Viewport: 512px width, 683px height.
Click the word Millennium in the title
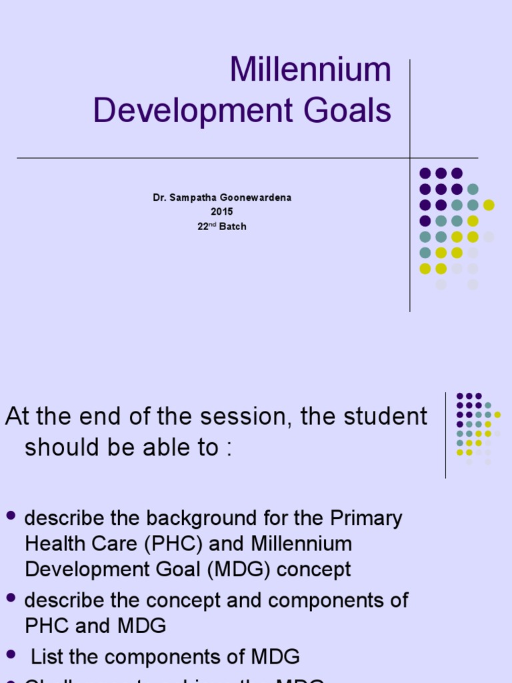(310, 70)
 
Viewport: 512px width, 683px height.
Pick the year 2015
(222, 212)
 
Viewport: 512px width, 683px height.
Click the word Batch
(232, 226)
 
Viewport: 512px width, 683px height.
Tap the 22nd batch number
(205, 226)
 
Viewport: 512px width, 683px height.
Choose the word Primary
(365, 518)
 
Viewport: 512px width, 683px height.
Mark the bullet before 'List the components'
(11, 654)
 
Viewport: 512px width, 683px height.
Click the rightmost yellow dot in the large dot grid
(489, 205)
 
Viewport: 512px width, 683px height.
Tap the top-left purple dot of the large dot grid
(425, 173)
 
